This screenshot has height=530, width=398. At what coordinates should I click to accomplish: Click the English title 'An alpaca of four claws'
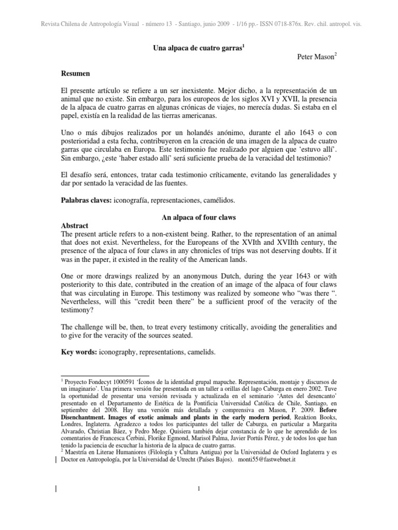198,217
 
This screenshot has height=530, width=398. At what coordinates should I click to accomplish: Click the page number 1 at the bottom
198,488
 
